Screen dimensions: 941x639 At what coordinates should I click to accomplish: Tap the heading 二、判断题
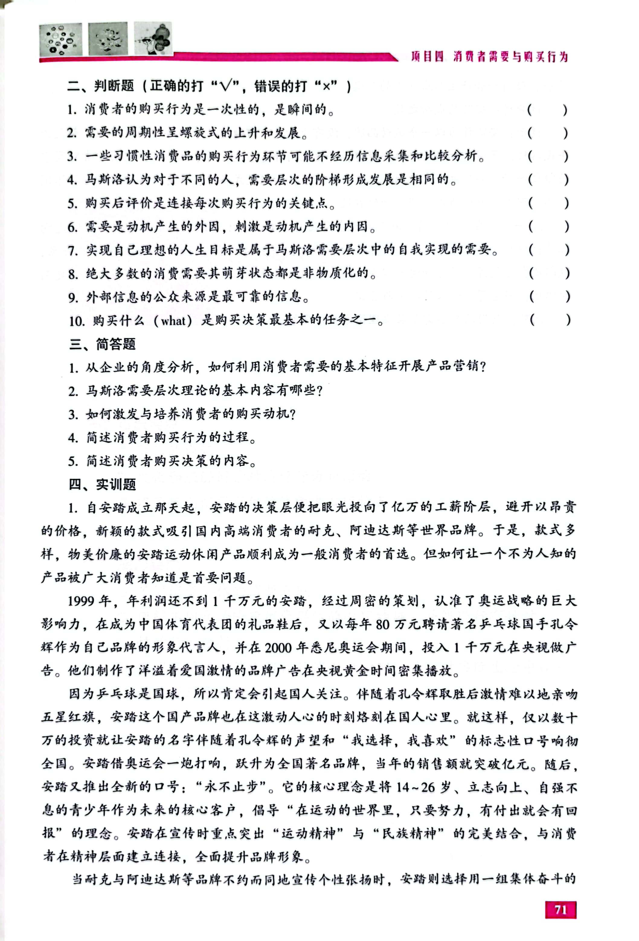101,86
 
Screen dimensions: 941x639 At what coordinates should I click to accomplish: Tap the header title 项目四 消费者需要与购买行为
489,57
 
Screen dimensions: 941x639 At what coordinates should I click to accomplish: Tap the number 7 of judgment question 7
72,251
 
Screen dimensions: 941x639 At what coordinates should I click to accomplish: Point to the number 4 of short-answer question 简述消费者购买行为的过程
72,438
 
